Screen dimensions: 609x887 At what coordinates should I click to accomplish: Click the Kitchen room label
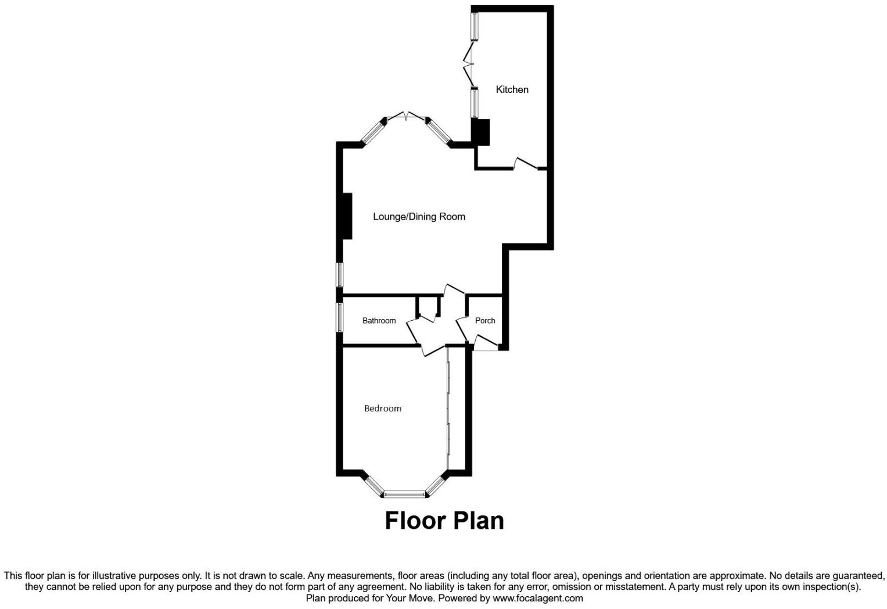click(512, 89)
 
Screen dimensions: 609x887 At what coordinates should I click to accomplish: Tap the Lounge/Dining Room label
click(419, 217)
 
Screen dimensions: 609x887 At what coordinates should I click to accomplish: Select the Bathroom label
click(379, 321)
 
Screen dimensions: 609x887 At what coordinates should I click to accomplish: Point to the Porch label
click(485, 321)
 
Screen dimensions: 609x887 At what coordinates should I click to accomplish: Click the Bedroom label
click(383, 409)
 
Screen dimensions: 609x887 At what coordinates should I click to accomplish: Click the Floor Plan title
click(444, 520)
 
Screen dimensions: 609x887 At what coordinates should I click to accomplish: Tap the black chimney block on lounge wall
click(347, 216)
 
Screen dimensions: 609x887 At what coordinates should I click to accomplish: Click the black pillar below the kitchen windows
click(482, 132)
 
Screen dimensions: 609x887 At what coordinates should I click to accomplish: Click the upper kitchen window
click(475, 26)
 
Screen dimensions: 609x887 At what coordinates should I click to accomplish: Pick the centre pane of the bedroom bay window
click(405, 495)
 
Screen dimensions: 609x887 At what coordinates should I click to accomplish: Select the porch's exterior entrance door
click(486, 343)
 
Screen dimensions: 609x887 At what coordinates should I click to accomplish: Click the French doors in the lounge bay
click(406, 116)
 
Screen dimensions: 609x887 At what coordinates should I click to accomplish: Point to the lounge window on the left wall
click(340, 274)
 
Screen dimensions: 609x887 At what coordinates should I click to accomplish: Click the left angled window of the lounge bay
click(372, 133)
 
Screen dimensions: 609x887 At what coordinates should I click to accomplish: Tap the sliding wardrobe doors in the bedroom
click(449, 407)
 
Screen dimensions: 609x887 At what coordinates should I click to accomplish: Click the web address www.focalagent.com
click(537, 598)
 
